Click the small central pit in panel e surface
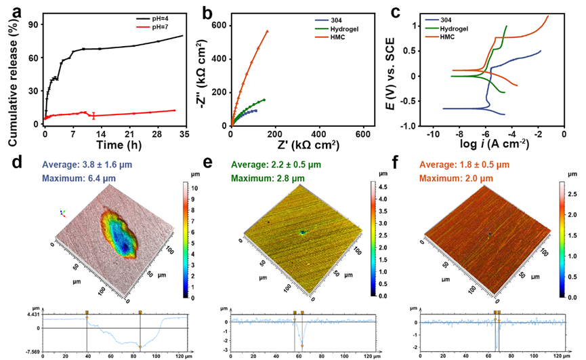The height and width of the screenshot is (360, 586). pyautogui.click(x=302, y=232)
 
